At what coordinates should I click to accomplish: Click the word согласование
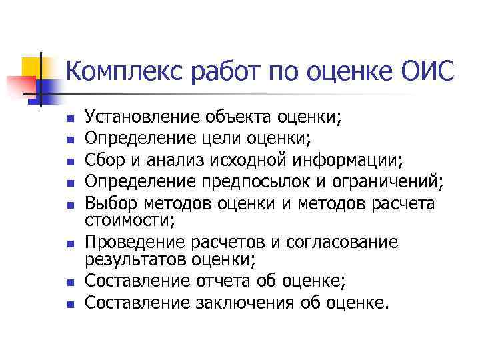341,241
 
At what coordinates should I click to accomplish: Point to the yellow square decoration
31,67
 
